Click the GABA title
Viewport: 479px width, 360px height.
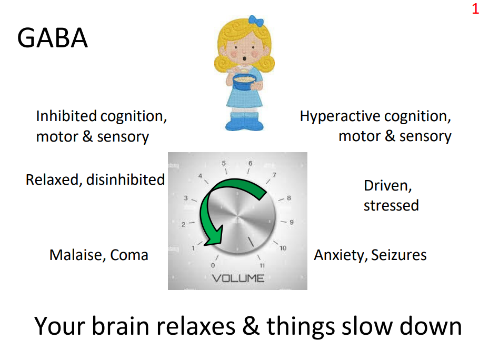(53, 38)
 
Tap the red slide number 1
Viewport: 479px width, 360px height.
(474, 8)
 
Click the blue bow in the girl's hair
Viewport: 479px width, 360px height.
(256, 21)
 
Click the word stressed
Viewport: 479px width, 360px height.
(391, 205)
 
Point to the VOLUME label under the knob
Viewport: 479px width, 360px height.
(238, 277)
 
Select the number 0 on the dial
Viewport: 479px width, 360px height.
(213, 265)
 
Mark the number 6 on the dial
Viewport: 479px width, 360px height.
(251, 163)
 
